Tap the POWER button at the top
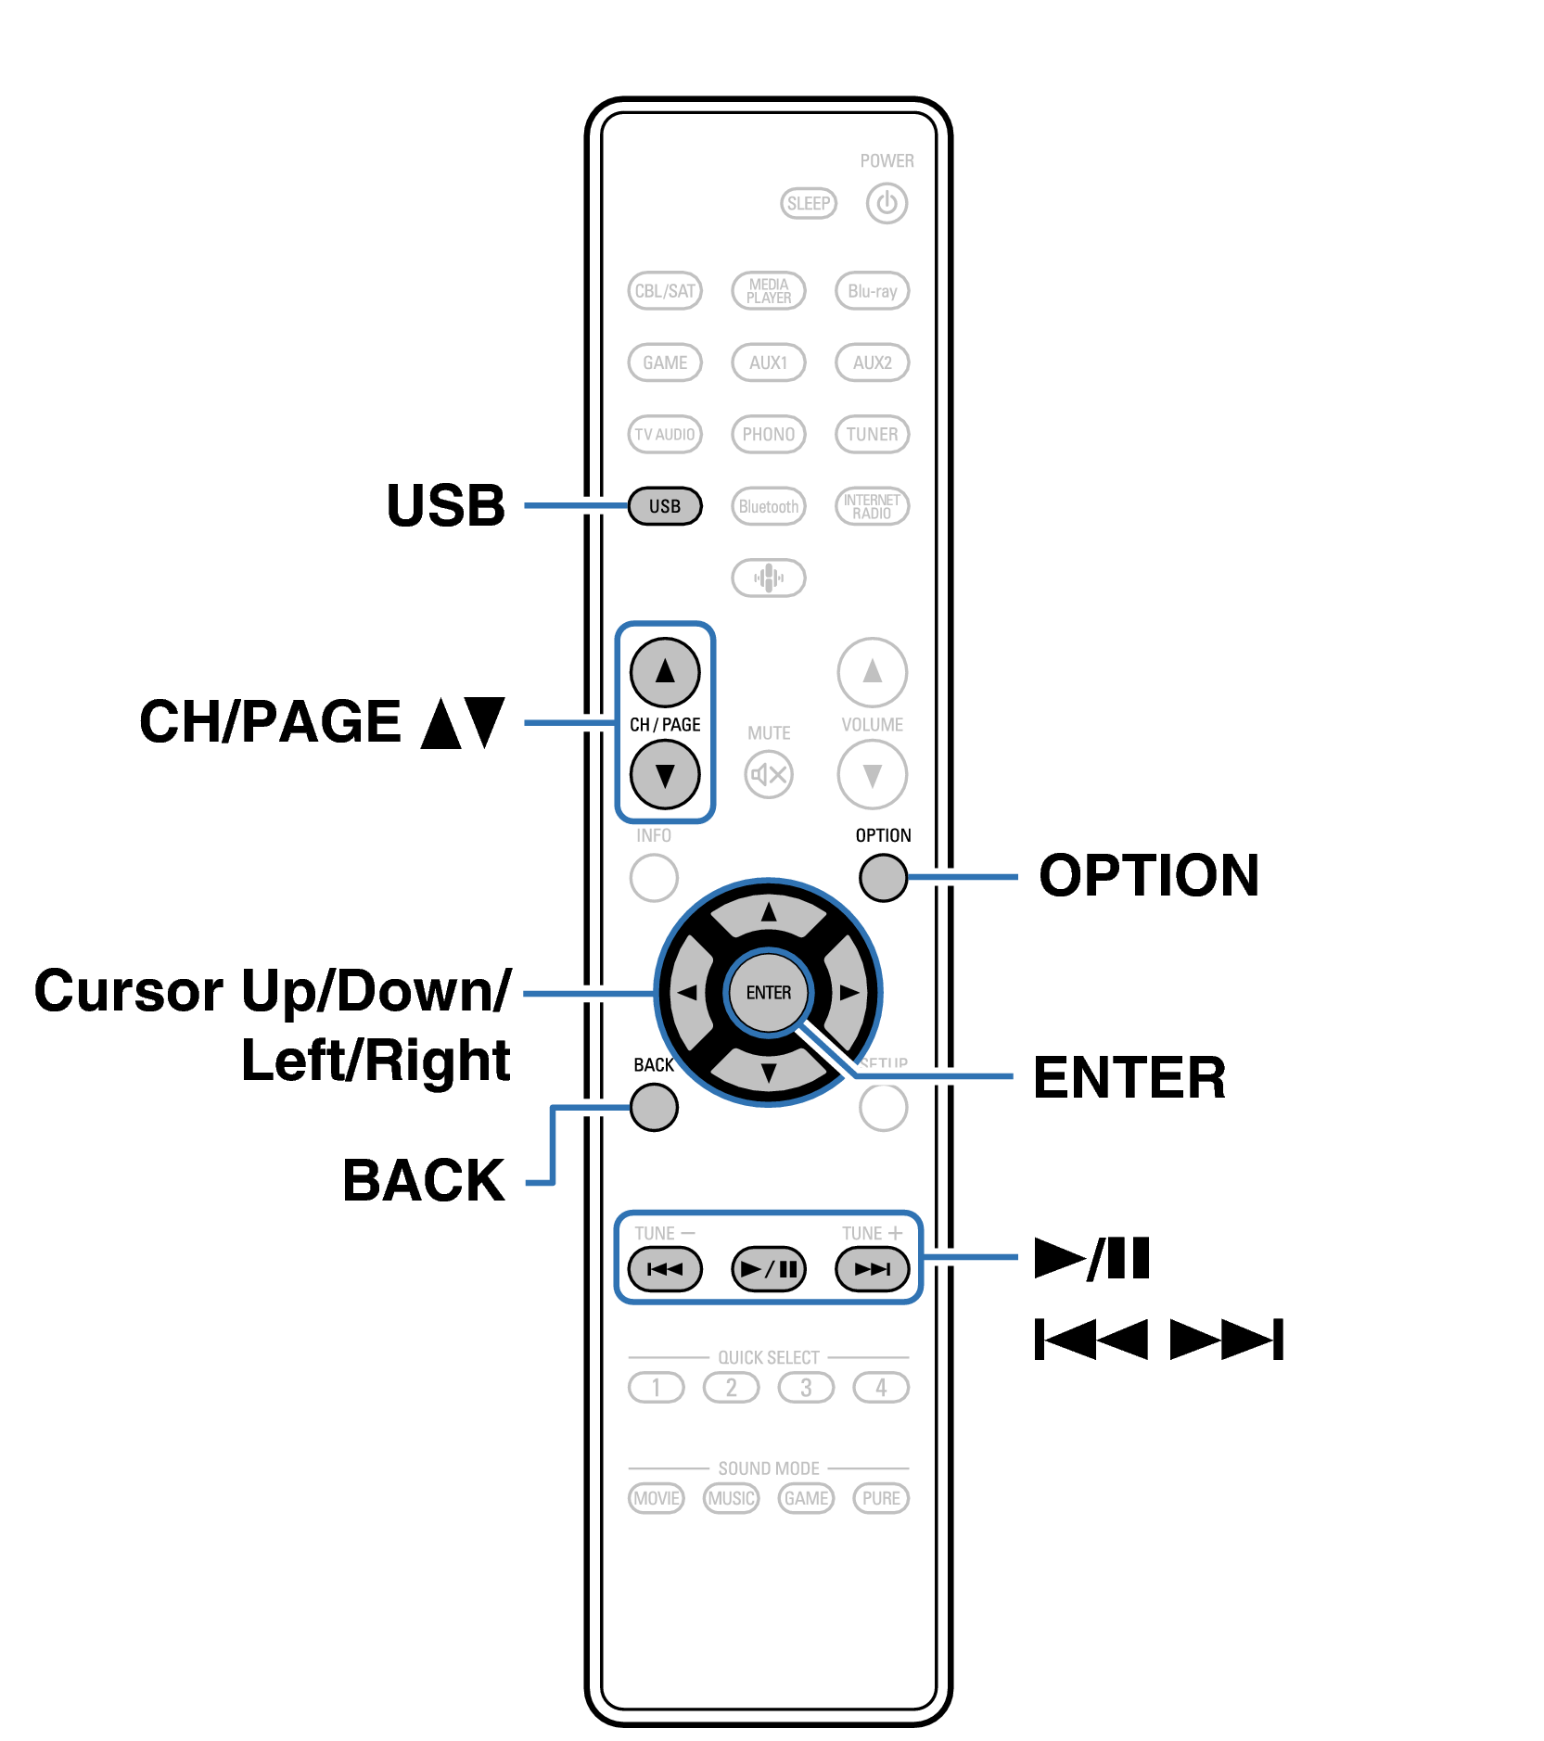pos(886,203)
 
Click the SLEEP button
pos(808,203)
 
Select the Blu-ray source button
pos(872,291)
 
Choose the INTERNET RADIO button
pos(872,506)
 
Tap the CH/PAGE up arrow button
pos(664,671)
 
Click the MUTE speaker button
pos(768,774)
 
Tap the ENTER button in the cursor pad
pos(768,993)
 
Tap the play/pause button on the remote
pos(768,1268)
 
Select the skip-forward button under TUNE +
pos(872,1268)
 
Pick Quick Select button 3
pos(806,1388)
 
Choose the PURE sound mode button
pos(880,1498)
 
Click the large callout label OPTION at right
pos(1148,875)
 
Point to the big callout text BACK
pos(424,1180)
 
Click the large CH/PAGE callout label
pos(321,722)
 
